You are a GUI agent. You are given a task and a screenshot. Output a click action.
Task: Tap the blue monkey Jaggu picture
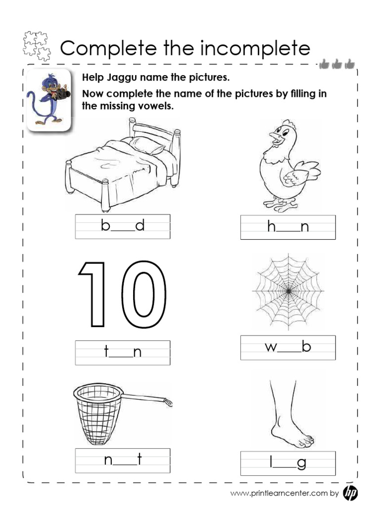tap(48, 99)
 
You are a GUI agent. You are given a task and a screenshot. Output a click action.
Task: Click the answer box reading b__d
tap(122, 226)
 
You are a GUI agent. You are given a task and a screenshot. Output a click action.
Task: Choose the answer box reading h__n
tap(287, 227)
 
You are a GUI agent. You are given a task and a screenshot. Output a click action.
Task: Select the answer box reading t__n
tap(122, 352)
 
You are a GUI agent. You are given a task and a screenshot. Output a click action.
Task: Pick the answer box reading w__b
tap(287, 347)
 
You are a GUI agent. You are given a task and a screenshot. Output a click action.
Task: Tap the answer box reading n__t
tap(122, 461)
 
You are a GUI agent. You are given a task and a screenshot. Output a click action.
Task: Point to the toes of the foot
tap(305, 439)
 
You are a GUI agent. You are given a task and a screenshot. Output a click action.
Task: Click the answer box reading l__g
tap(287, 464)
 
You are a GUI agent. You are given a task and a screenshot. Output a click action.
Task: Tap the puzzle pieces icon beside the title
tap(37, 46)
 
